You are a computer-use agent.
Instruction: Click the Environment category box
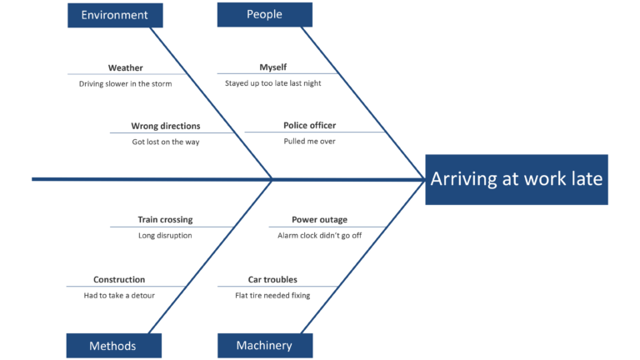point(115,15)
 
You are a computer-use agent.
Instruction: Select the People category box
point(264,14)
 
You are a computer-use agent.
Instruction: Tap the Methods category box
point(113,346)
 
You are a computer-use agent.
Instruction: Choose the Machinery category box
point(264,346)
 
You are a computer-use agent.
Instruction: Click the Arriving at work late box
point(516,179)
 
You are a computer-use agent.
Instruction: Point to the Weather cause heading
point(125,68)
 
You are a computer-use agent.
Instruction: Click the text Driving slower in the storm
point(127,83)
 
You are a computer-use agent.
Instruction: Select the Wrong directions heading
point(165,127)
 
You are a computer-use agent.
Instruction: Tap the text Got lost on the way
point(165,142)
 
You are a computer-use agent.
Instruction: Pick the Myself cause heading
point(272,68)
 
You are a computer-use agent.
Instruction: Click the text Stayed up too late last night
point(272,83)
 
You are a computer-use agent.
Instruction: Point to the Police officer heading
point(309,126)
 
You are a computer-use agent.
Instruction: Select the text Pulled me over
point(309,142)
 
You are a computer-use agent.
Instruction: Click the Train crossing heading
point(165,220)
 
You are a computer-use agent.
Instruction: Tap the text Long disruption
point(165,236)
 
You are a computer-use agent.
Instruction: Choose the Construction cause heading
point(119,280)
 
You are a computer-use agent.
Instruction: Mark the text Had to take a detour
point(119,295)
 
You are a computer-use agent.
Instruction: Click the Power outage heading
point(319,220)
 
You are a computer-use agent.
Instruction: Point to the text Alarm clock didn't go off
point(319,236)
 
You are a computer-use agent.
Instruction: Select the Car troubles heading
point(272,280)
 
